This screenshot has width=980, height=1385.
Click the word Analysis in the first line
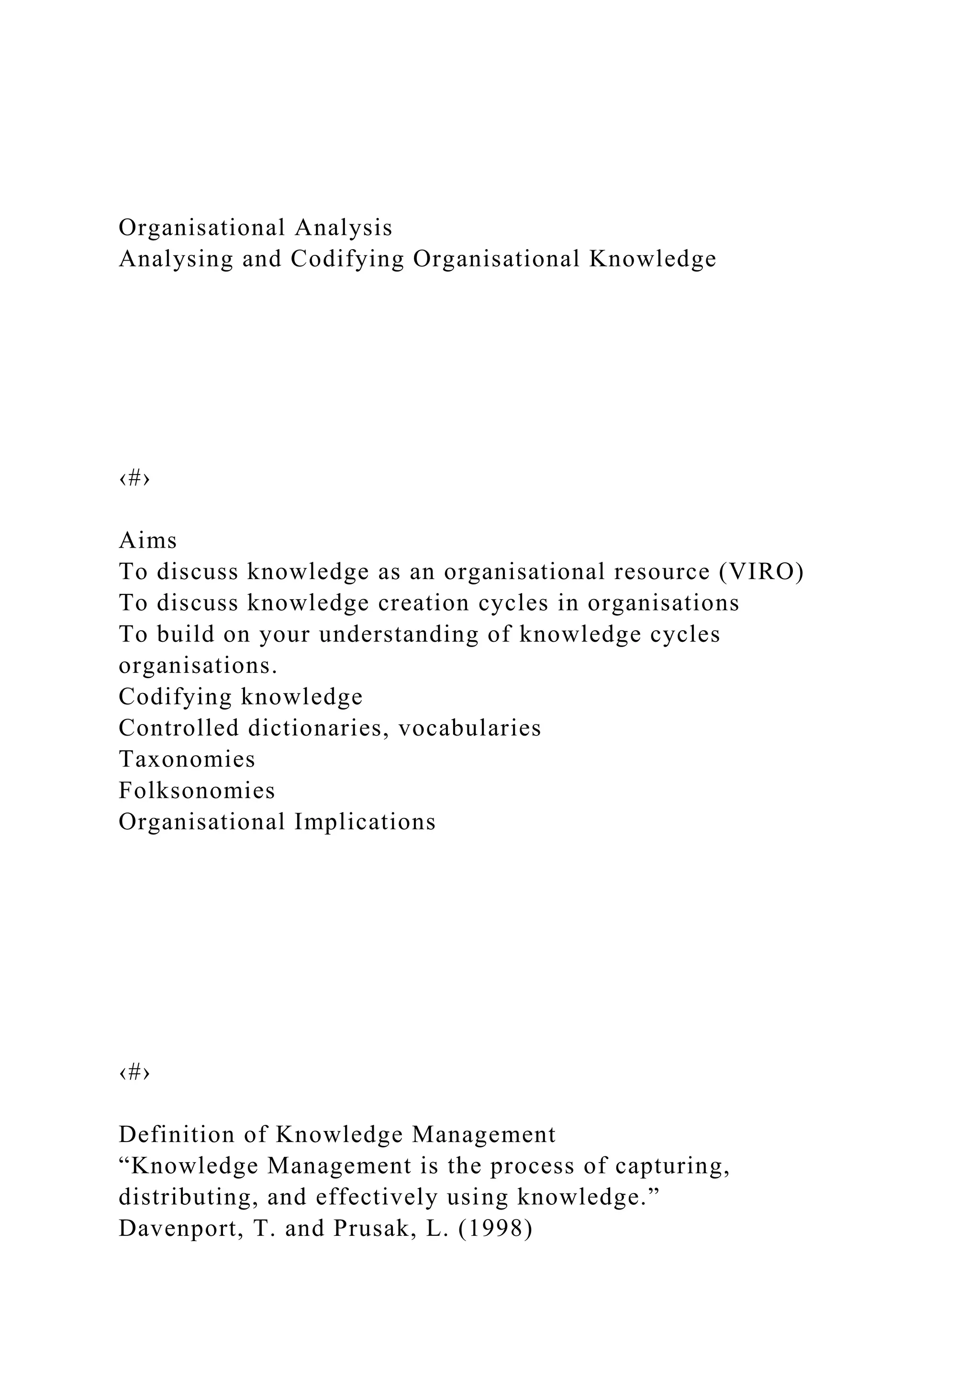pos(344,228)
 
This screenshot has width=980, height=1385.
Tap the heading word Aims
pos(148,540)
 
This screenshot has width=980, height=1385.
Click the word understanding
pos(399,635)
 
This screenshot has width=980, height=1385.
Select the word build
pos(185,635)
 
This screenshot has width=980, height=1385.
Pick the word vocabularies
pos(469,728)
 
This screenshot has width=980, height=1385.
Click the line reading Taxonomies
pos(187,759)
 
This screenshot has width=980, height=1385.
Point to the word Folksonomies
pos(197,791)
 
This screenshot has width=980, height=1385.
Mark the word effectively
pos(377,1198)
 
